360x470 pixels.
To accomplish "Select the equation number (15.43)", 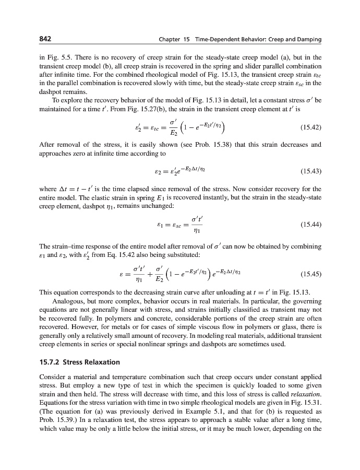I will (311, 170).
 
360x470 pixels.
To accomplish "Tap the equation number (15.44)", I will (311, 225).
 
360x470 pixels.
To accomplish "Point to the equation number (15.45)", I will (311, 273).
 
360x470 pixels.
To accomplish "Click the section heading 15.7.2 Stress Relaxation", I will (80, 361).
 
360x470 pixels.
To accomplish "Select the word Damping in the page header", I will (308, 40).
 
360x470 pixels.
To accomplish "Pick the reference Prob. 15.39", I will (54, 418).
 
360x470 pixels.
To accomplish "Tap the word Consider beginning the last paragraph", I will (54, 377).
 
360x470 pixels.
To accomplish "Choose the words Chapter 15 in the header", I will (173, 40).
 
